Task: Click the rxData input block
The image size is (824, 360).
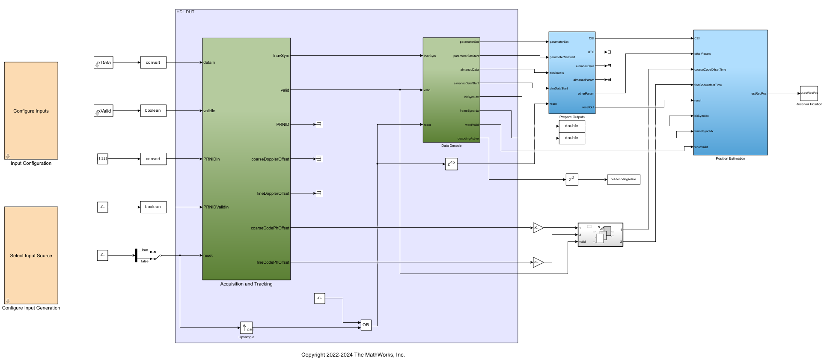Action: (x=103, y=62)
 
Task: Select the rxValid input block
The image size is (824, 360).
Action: (x=103, y=111)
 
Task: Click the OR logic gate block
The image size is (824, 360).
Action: (x=366, y=325)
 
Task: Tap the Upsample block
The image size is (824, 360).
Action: (x=246, y=328)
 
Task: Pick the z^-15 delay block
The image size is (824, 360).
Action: (x=451, y=164)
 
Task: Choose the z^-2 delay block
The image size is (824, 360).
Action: (x=572, y=180)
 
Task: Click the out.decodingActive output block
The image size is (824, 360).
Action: (x=623, y=179)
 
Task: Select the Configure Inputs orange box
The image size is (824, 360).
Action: (x=31, y=111)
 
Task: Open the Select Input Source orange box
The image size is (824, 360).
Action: (x=31, y=256)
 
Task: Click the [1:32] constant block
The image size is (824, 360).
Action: (x=102, y=159)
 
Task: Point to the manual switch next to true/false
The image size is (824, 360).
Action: (x=157, y=255)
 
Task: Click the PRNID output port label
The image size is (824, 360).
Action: (x=283, y=125)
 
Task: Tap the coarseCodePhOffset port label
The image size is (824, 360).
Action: (x=270, y=228)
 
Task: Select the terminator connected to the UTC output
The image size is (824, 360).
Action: (x=609, y=52)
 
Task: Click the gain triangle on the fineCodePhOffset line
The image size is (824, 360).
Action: (x=538, y=262)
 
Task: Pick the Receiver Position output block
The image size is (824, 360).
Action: (x=809, y=93)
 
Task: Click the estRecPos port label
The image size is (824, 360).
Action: (x=759, y=94)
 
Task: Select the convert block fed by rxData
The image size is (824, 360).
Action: (x=153, y=62)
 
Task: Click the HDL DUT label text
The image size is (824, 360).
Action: (x=185, y=12)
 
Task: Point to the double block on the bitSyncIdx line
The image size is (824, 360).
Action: (x=571, y=126)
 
